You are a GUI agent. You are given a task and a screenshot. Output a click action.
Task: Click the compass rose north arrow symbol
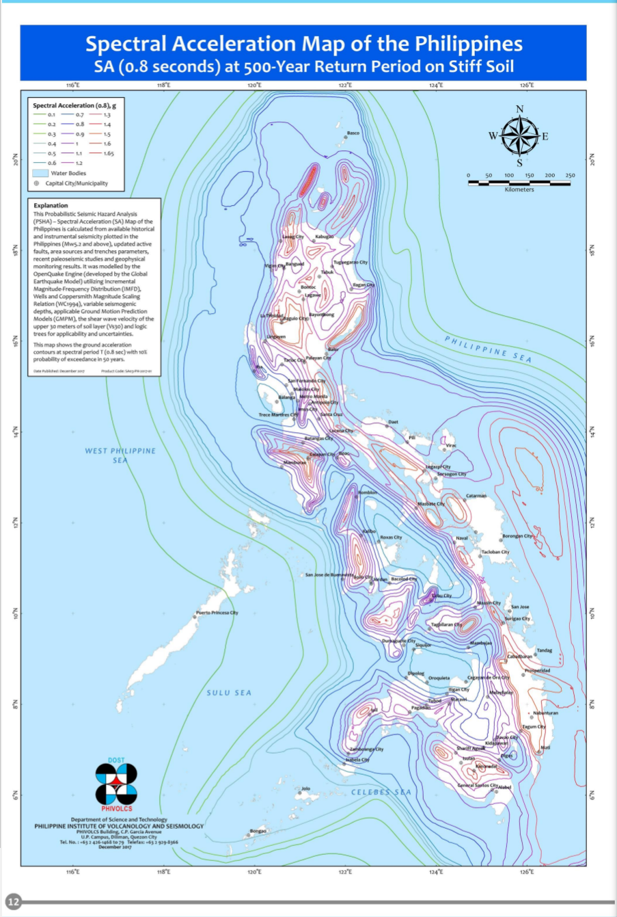[519, 135]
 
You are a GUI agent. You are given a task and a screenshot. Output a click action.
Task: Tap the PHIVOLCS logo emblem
[116, 784]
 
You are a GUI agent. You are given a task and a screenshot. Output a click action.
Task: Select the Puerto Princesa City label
[217, 613]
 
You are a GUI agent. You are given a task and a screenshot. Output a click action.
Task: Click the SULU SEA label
[229, 693]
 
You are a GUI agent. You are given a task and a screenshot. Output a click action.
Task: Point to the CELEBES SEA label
[381, 792]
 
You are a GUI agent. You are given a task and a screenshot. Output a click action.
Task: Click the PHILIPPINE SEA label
[488, 349]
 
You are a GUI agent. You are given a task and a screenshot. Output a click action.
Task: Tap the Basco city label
[353, 133]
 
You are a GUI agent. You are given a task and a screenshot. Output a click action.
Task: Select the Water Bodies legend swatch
[40, 174]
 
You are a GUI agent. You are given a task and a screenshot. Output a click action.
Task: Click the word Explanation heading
[51, 205]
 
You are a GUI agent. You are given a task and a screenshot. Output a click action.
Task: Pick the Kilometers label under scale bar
[519, 190]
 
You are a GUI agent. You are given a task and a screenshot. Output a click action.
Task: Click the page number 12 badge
[13, 902]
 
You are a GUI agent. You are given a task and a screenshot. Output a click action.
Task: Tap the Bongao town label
[258, 831]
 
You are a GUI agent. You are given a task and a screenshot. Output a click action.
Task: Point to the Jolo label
[305, 788]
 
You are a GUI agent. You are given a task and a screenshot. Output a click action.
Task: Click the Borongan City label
[517, 536]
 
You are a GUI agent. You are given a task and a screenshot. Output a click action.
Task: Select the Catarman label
[476, 496]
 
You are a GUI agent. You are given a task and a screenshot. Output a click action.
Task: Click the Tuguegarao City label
[351, 262]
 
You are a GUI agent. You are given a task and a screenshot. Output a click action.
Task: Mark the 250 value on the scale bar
[570, 176]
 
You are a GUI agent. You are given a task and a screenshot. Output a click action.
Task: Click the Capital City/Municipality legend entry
[76, 183]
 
